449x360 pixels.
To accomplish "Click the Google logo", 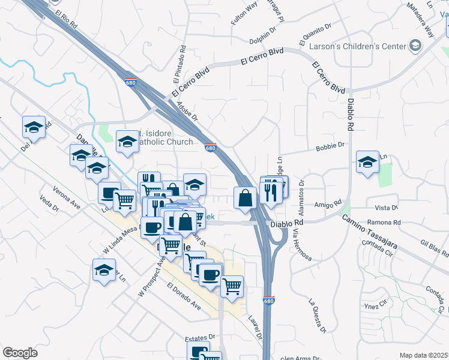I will (20, 353).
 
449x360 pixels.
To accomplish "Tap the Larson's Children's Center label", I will (354, 46).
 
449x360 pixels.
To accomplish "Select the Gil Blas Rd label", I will (434, 247).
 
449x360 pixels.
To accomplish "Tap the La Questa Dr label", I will (316, 316).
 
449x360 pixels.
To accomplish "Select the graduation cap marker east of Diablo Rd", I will (367, 162).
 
